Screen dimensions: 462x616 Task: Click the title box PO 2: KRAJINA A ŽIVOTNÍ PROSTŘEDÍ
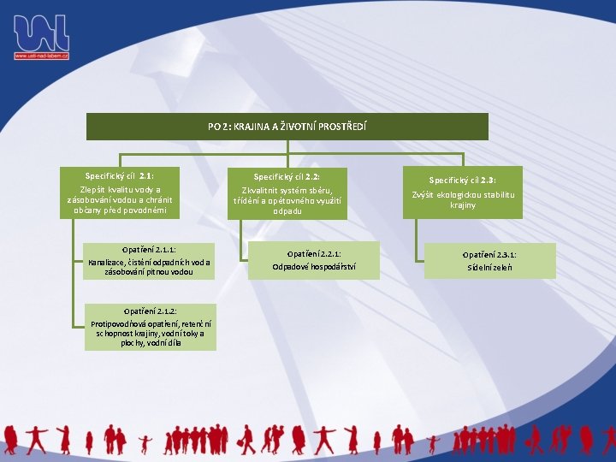pyautogui.click(x=287, y=127)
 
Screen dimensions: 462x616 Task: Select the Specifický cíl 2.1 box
pyautogui.click(x=121, y=192)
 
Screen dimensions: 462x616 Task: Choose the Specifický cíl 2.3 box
pyautogui.click(x=463, y=193)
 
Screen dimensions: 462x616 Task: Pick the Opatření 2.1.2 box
pyautogui.click(x=151, y=326)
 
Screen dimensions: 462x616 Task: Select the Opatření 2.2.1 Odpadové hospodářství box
pyautogui.click(x=314, y=260)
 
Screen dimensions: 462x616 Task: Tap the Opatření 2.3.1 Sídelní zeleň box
pyautogui.click(x=489, y=261)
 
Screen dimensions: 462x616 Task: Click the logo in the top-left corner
pyautogui.click(x=40, y=33)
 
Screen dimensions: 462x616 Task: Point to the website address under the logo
pyautogui.click(x=41, y=56)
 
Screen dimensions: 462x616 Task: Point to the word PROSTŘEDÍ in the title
pyautogui.click(x=342, y=127)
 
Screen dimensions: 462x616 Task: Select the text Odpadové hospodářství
pyautogui.click(x=314, y=267)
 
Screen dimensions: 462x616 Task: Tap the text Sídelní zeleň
pyautogui.click(x=489, y=267)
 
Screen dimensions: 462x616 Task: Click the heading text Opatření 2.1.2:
pyautogui.click(x=151, y=311)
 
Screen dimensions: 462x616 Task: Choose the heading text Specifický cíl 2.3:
pyautogui.click(x=463, y=181)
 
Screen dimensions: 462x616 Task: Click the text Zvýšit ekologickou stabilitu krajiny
pyautogui.click(x=463, y=199)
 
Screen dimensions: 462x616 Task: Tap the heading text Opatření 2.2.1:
pyautogui.click(x=314, y=254)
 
